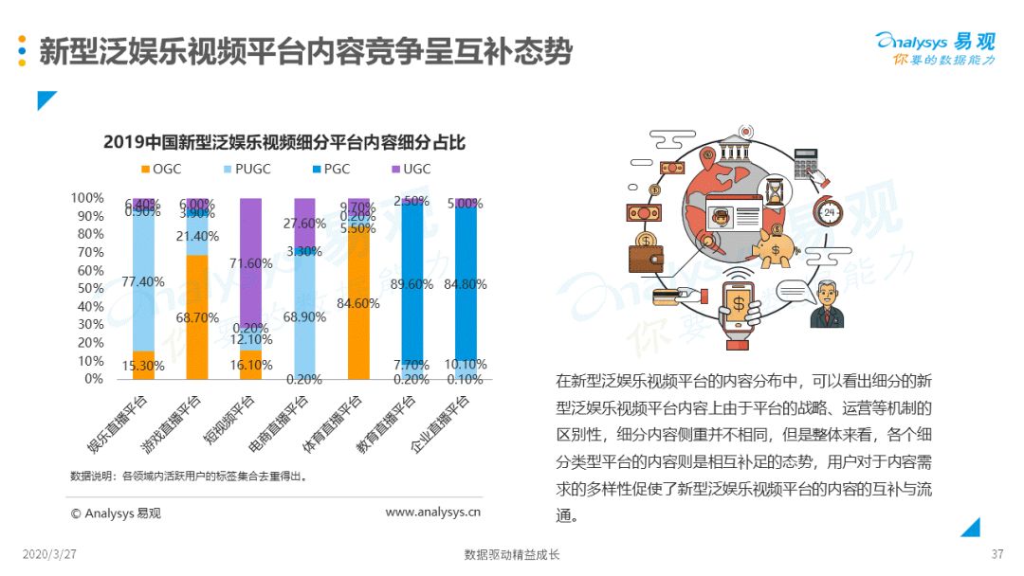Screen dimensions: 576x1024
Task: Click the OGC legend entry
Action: tap(160, 170)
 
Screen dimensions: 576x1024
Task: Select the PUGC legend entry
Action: tap(246, 170)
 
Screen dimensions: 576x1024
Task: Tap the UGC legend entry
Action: tap(409, 170)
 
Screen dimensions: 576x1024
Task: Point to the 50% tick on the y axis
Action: tap(87, 288)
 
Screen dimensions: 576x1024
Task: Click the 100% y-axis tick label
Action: tap(85, 198)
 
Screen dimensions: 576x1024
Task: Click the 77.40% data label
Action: tap(144, 281)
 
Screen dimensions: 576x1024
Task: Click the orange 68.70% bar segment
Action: tap(198, 317)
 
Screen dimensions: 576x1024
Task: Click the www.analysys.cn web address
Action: tap(432, 513)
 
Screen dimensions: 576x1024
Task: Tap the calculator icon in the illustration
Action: tap(806, 160)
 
